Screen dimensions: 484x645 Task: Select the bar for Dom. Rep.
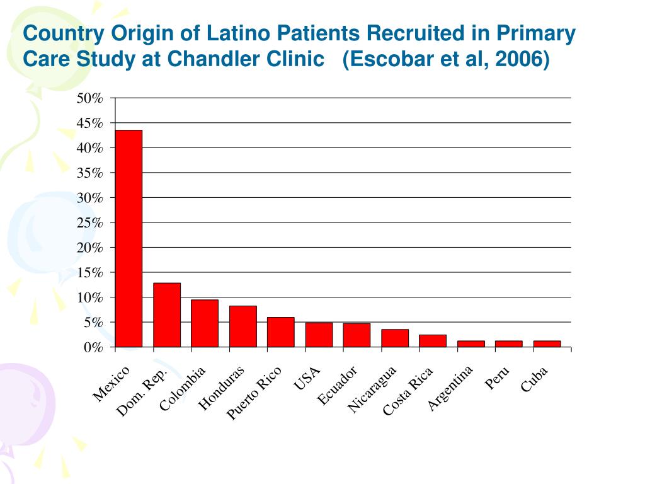coord(167,315)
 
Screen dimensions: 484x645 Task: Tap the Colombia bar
coord(205,323)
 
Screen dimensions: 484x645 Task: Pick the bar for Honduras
coord(243,326)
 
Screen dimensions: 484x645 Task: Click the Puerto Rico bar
coord(280,332)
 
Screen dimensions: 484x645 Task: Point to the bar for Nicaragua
coord(394,338)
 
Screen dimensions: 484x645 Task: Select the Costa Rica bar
coord(433,341)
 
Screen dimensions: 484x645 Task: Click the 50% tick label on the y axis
coord(89,98)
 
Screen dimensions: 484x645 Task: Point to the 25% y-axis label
coord(89,222)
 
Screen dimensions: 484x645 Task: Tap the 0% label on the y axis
coord(93,347)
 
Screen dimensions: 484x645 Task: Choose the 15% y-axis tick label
coord(89,272)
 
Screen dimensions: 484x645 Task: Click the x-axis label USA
coord(308,378)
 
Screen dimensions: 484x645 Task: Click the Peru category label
coord(497,377)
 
